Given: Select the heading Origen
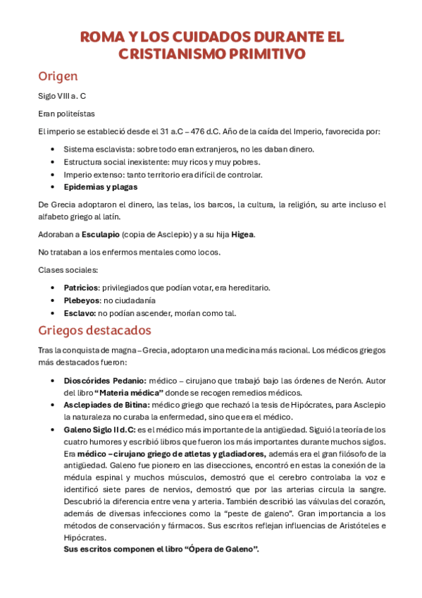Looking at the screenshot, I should click(x=58, y=76).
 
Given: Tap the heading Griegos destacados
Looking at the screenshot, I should click(x=94, y=329).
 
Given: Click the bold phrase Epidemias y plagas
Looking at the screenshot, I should click(x=101, y=187).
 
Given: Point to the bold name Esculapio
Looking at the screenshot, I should click(x=100, y=234).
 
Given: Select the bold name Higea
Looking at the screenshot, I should click(x=243, y=234).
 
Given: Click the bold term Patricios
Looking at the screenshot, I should click(x=80, y=288).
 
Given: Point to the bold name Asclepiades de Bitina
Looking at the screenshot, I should click(x=106, y=404).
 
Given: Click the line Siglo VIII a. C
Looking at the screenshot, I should click(x=63, y=96).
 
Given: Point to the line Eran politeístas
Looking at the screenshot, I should click(x=66, y=113).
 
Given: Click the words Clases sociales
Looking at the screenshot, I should click(x=68, y=270).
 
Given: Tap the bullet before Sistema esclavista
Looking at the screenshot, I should click(x=54, y=149).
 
